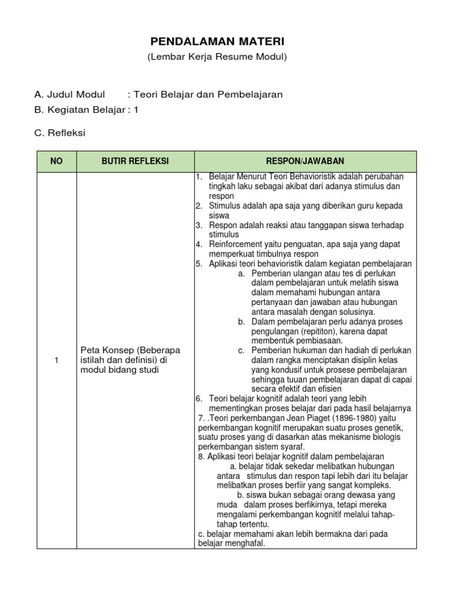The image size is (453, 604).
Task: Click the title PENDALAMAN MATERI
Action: click(216, 41)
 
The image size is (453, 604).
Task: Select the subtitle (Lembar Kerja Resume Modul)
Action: click(216, 57)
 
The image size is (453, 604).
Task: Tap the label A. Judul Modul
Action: click(70, 94)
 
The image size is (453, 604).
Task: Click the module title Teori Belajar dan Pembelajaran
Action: click(208, 94)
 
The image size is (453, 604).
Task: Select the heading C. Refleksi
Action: click(60, 133)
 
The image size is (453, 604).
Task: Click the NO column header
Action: click(56, 161)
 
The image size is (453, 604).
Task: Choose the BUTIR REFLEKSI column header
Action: click(135, 161)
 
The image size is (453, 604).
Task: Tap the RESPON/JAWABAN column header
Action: click(305, 161)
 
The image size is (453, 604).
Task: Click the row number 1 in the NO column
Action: click(56, 360)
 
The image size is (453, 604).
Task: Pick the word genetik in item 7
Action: click(386, 427)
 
